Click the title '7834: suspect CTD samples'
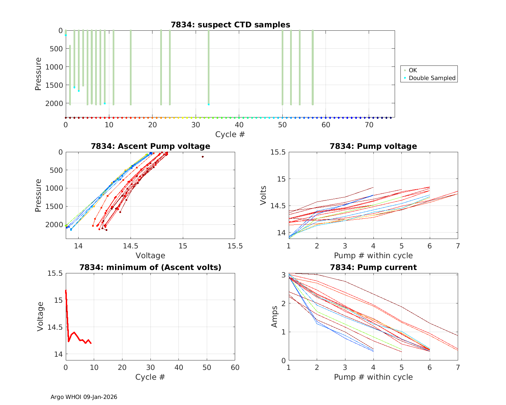(x=230, y=25)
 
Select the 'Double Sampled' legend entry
(x=432, y=78)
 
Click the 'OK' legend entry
(x=413, y=70)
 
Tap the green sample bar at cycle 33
(x=209, y=67)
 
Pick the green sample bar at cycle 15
(x=131, y=67)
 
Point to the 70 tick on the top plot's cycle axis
(x=369, y=125)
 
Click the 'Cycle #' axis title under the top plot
(x=230, y=134)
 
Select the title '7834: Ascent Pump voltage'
(x=150, y=146)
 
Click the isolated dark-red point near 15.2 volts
(x=203, y=157)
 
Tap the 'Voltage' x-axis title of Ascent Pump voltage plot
(x=150, y=255)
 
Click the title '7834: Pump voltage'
(x=373, y=146)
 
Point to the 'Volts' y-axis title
(x=263, y=195)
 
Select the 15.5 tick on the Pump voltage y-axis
(x=278, y=152)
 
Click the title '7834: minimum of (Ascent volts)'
(x=150, y=267)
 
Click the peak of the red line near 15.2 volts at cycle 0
(x=66, y=290)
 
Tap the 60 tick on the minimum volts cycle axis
(x=235, y=367)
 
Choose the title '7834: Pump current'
(x=373, y=267)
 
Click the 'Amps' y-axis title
(x=275, y=317)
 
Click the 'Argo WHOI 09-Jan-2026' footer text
(x=84, y=397)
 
